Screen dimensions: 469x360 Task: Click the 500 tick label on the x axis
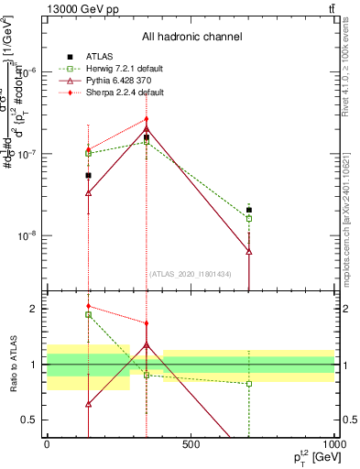point(191,445)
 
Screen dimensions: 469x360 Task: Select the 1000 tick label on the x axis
point(333,445)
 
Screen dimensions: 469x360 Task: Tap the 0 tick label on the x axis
point(47,445)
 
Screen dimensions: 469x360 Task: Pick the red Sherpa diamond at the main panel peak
point(146,119)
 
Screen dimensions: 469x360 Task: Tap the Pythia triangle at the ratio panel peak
point(146,345)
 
